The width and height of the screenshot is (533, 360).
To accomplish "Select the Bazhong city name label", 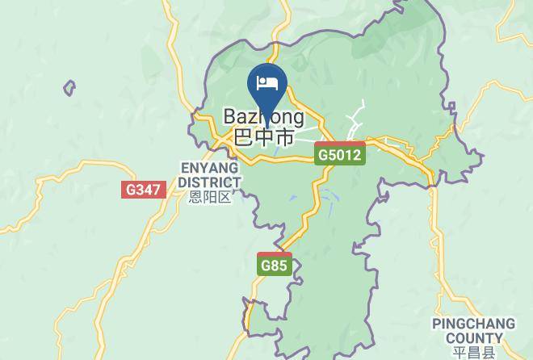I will (264, 118).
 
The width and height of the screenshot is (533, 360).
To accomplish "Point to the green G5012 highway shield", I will (339, 154).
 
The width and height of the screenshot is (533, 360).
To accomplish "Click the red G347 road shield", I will (144, 190).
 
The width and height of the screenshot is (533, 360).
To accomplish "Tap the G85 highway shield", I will (275, 265).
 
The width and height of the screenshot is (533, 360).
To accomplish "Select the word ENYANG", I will (209, 168).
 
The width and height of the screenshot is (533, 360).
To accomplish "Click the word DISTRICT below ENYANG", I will (209, 182).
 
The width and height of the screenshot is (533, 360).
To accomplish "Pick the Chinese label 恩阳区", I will (209, 197).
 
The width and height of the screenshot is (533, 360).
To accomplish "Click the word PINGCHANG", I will (472, 324).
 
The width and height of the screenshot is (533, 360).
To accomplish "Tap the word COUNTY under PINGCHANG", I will (472, 338).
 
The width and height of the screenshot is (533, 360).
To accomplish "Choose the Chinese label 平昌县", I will (472, 352).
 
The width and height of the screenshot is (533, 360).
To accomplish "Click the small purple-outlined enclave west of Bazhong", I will (69, 87).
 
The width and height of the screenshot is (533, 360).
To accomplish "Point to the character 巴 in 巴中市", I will (243, 136).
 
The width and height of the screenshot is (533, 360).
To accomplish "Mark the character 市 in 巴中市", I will (284, 136).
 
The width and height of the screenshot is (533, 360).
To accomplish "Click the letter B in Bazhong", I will (229, 118).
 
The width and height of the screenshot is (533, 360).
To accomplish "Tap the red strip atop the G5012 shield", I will (339, 144).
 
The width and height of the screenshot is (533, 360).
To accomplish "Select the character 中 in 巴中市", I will (264, 136).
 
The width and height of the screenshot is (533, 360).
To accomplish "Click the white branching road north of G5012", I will (357, 121).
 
